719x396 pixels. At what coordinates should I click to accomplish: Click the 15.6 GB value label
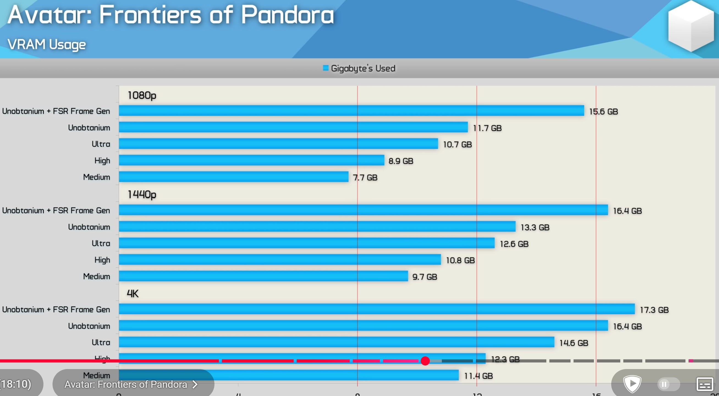603,112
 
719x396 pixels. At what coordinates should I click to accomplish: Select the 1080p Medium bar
234,177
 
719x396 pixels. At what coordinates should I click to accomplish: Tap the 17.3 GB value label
654,310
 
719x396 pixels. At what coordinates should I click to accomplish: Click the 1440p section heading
142,194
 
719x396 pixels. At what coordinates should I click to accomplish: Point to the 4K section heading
133,294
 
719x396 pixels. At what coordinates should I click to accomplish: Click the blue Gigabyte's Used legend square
326,68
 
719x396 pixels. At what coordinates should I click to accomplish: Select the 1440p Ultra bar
307,243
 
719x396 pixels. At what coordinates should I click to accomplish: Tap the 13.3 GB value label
535,227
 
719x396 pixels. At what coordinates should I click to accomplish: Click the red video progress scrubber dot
425,361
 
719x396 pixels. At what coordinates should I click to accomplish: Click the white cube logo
690,26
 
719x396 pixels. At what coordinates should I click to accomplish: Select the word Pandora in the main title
287,15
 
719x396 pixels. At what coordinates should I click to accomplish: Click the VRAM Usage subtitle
47,45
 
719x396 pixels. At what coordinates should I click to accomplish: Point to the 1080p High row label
102,161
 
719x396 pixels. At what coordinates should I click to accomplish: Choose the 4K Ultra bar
336,342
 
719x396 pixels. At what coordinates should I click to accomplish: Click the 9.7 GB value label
425,277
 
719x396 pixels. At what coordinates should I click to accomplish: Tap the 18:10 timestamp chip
17,384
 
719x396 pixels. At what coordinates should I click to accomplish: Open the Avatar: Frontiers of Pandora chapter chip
131,384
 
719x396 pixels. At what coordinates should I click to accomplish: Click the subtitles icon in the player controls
704,384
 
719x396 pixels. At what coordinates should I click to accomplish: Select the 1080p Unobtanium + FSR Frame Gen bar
351,111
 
